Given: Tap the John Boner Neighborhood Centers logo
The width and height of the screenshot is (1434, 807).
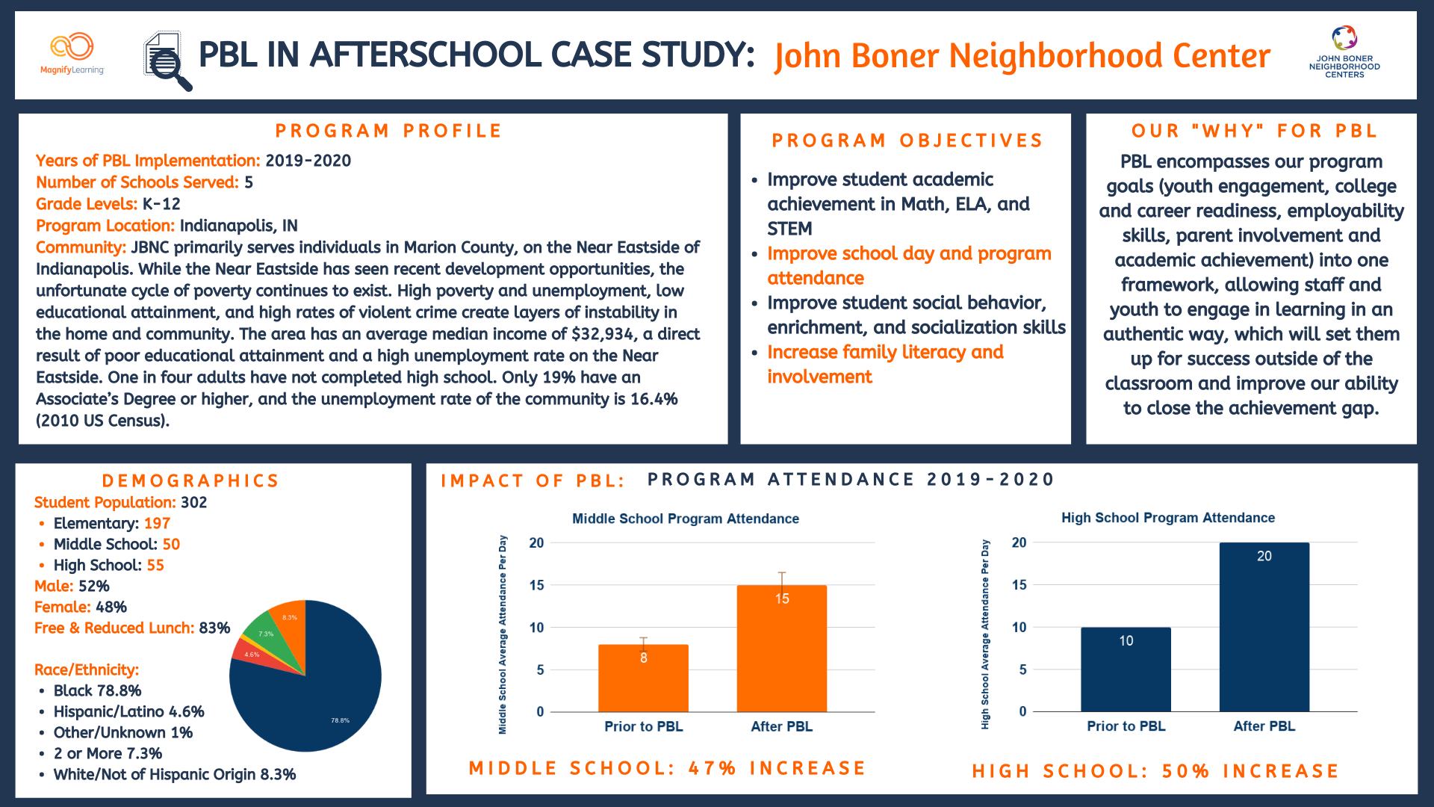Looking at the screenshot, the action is point(1344,52).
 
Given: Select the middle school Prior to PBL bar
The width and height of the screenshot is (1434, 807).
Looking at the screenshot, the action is point(643,678).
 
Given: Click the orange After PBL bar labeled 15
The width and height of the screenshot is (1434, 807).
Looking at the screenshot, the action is point(781,649).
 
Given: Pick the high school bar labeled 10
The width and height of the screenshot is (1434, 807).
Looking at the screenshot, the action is point(1126,670).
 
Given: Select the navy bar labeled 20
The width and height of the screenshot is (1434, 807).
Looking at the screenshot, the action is point(1264,628).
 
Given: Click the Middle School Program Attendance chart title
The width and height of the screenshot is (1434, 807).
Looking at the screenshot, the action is point(685,519).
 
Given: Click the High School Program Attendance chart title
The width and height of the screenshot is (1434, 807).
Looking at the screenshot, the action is point(1167,518).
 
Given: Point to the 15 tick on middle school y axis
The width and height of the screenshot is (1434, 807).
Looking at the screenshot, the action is point(536,585).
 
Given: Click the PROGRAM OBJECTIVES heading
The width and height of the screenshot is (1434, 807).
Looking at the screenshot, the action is point(907,140).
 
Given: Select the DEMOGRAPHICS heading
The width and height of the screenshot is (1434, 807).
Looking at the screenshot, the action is point(190,480).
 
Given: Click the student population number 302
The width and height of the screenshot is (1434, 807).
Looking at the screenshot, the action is point(193,502).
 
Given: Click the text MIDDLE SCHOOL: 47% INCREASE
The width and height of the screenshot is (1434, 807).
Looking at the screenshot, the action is point(667,768).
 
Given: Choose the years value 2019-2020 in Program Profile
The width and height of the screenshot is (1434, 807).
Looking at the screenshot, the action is point(308,161).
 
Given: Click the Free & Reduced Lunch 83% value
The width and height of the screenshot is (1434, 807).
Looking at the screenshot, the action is point(214,628).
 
